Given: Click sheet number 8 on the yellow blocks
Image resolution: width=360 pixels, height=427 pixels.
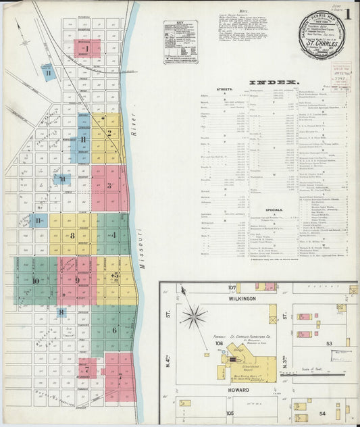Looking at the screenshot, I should [72, 236].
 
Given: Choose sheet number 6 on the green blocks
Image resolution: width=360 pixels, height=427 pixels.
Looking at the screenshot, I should [114, 330].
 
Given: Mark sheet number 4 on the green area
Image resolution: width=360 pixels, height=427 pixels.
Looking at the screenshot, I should [113, 235].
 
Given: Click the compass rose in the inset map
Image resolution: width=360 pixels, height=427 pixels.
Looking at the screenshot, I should [196, 316].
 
